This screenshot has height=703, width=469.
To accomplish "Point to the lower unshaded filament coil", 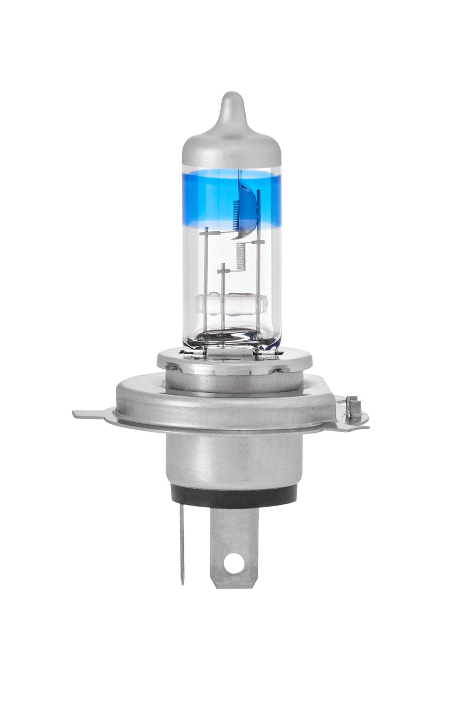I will pyautogui.click(x=241, y=257).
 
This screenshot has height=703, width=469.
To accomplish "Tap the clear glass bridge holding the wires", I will pyautogui.click(x=231, y=305).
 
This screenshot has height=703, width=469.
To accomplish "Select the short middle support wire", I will pyautogui.click(x=224, y=295).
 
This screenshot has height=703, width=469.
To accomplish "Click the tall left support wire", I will pyautogui.click(x=205, y=281).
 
